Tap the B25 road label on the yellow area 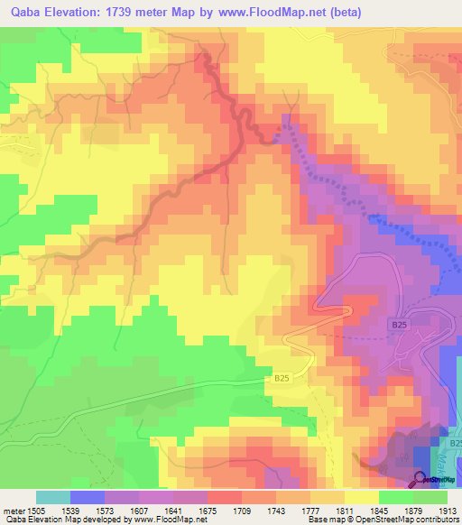(282, 382)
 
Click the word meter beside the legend (14, 509)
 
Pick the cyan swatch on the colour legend (53, 497)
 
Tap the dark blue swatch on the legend (88, 497)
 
